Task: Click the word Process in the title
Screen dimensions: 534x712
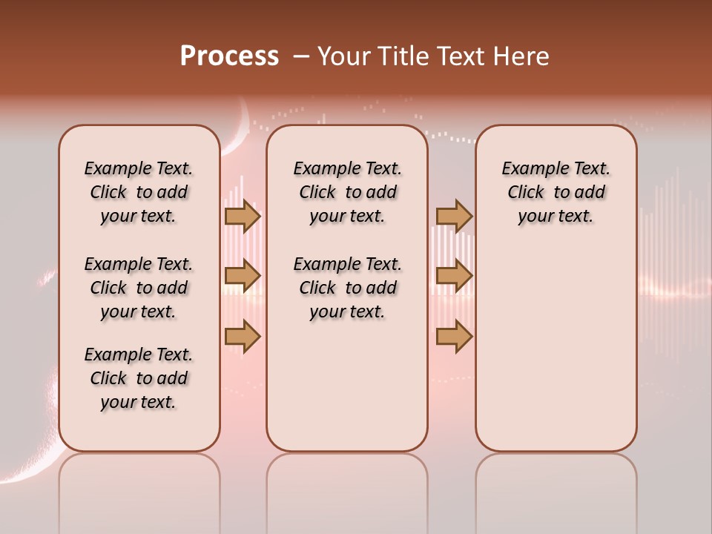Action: (x=229, y=56)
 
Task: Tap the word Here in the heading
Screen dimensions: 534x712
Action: (x=522, y=56)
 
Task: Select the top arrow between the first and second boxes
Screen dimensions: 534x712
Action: (x=242, y=217)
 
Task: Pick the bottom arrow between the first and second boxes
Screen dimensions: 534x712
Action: (x=242, y=337)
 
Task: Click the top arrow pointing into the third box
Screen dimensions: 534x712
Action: (x=454, y=217)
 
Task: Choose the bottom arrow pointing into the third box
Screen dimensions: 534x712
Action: (x=454, y=337)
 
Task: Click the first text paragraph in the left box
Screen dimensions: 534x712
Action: (x=139, y=192)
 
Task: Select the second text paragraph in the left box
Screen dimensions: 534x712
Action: (x=139, y=288)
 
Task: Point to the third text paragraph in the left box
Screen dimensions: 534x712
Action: (x=139, y=378)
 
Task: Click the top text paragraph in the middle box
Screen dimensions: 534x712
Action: (x=347, y=192)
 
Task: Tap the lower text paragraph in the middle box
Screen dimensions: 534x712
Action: (x=347, y=288)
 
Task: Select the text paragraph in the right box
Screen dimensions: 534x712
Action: (x=556, y=192)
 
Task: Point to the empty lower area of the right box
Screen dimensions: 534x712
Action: (x=556, y=349)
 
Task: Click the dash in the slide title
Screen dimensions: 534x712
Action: (x=301, y=56)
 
